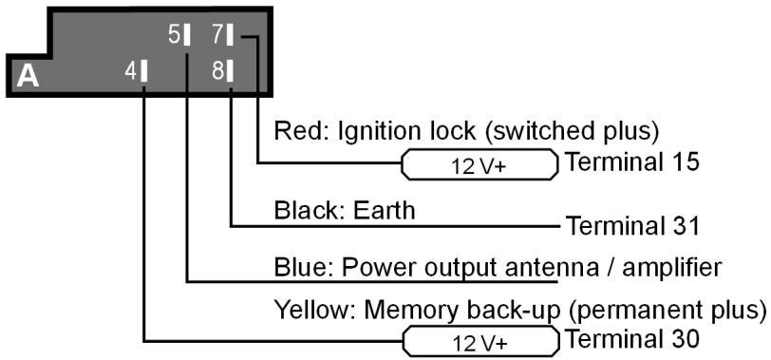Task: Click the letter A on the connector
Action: pos(28,76)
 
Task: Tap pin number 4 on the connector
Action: pos(131,71)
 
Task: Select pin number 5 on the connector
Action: pos(174,35)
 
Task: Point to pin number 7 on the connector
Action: pos(216,35)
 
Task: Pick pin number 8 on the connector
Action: pos(216,71)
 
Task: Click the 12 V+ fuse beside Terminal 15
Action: pos(480,164)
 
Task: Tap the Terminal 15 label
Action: pos(631,162)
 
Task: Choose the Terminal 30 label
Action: pos(631,338)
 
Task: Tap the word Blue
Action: pos(295,267)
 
